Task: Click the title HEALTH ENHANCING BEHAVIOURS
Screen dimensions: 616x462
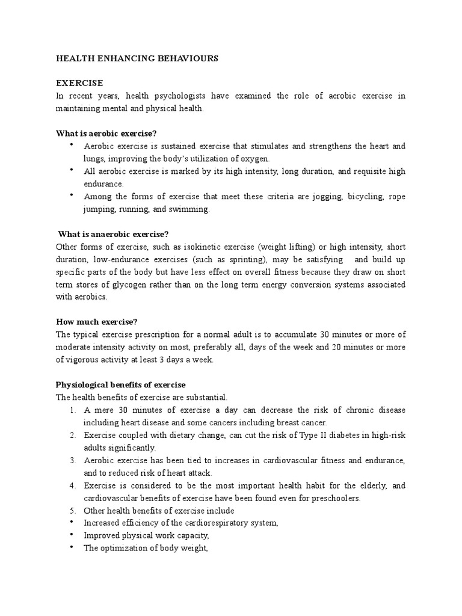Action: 137,59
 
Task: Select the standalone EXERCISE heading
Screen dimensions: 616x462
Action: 79,83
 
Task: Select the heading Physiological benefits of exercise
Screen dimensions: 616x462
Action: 120,384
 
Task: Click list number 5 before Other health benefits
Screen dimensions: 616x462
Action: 72,511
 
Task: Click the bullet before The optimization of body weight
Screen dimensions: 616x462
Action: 72,547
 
